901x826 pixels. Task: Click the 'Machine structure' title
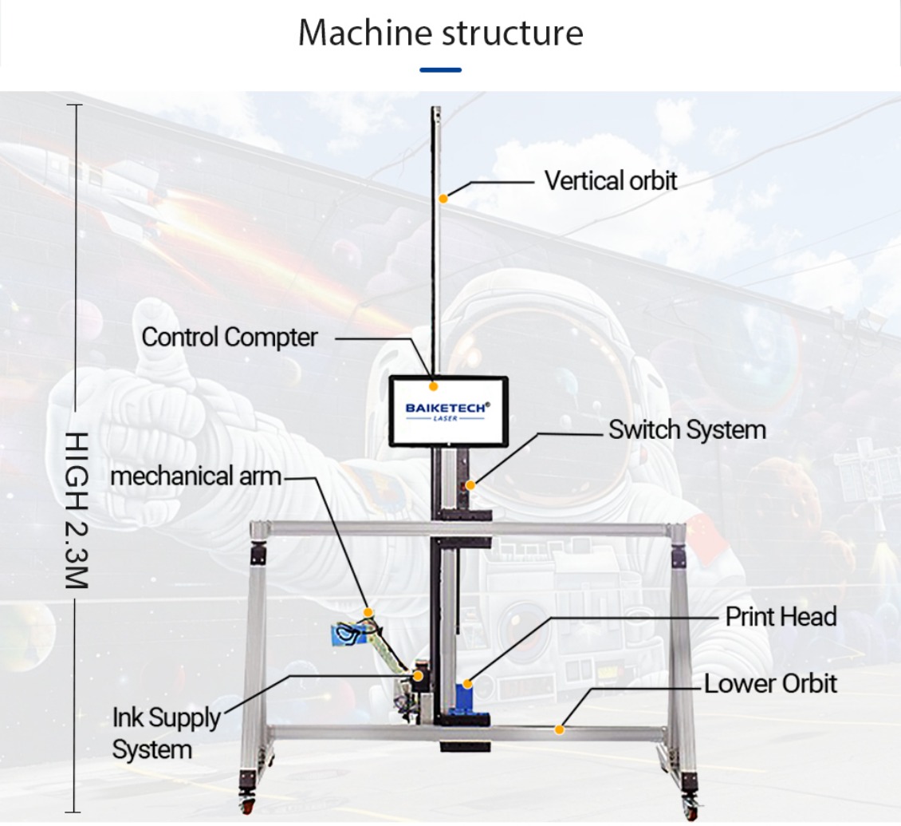440,33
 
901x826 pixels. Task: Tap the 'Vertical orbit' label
611,180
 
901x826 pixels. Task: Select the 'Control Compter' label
230,337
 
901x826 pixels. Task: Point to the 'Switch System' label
687,429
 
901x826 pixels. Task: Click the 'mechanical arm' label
195,476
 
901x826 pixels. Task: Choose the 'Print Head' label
781,616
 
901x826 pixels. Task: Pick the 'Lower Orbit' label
770,684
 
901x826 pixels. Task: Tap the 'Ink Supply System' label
165,733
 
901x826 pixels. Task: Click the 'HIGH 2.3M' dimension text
76,512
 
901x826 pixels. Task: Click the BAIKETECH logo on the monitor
447,409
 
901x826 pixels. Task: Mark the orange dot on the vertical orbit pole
444,197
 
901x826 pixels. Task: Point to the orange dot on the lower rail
560,729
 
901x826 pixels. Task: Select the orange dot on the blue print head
468,683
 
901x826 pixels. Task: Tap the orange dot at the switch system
471,484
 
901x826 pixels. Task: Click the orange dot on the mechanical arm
368,612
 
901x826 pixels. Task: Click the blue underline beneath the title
440,70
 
